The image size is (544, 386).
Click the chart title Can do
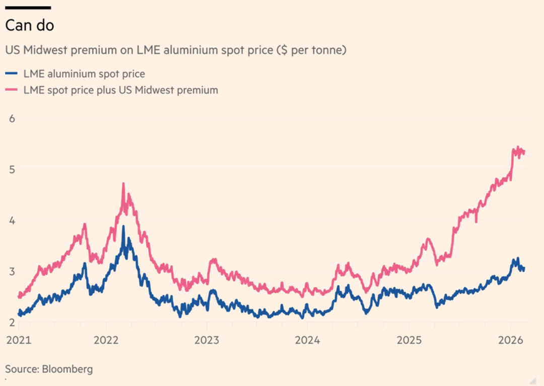click(30, 24)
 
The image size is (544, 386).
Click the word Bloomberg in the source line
click(67, 369)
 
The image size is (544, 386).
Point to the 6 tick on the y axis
click(12, 118)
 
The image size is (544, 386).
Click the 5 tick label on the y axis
click(12, 169)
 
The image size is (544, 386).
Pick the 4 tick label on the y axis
click(12, 220)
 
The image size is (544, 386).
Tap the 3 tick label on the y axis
click(12, 271)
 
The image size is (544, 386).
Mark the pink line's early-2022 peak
click(123, 183)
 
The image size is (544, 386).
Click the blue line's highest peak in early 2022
click(123, 226)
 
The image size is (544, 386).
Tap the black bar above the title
click(28, 8)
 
